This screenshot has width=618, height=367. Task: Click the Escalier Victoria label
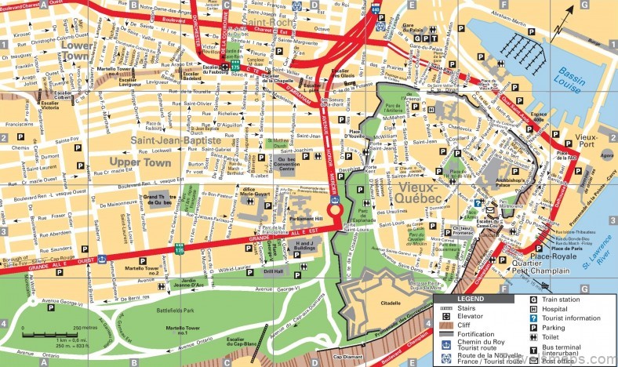pos(28,107)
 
